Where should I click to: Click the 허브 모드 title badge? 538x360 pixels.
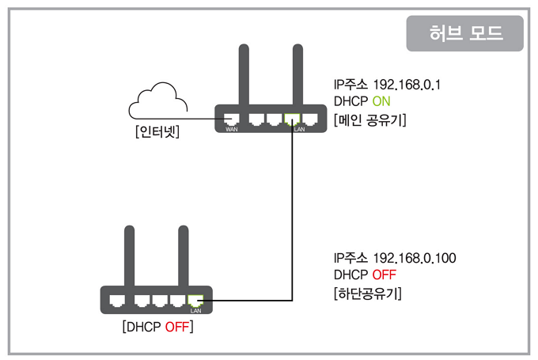(x=464, y=33)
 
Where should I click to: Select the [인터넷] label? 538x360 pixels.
(x=157, y=131)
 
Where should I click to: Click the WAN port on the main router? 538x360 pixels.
(x=231, y=119)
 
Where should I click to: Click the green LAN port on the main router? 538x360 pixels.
(x=292, y=119)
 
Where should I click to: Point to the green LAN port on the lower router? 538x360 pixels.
(x=195, y=301)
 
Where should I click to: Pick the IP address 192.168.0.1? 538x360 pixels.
(x=407, y=85)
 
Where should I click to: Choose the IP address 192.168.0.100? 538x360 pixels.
(x=415, y=258)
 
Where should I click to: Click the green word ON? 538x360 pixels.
(x=381, y=101)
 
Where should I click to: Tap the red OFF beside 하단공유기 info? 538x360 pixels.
(x=385, y=275)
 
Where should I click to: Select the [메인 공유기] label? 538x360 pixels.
(x=370, y=120)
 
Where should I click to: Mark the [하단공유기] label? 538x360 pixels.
(x=367, y=294)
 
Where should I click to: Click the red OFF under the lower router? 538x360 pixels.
(x=177, y=327)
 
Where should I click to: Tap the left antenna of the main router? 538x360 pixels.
(x=244, y=74)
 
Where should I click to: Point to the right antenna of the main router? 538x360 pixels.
(x=297, y=74)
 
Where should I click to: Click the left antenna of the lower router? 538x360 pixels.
(x=129, y=256)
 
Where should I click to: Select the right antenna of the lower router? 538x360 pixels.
(x=184, y=256)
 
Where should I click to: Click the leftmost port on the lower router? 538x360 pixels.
(x=117, y=301)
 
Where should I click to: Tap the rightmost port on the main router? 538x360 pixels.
(x=310, y=119)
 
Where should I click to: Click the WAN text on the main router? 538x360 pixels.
(x=232, y=130)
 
